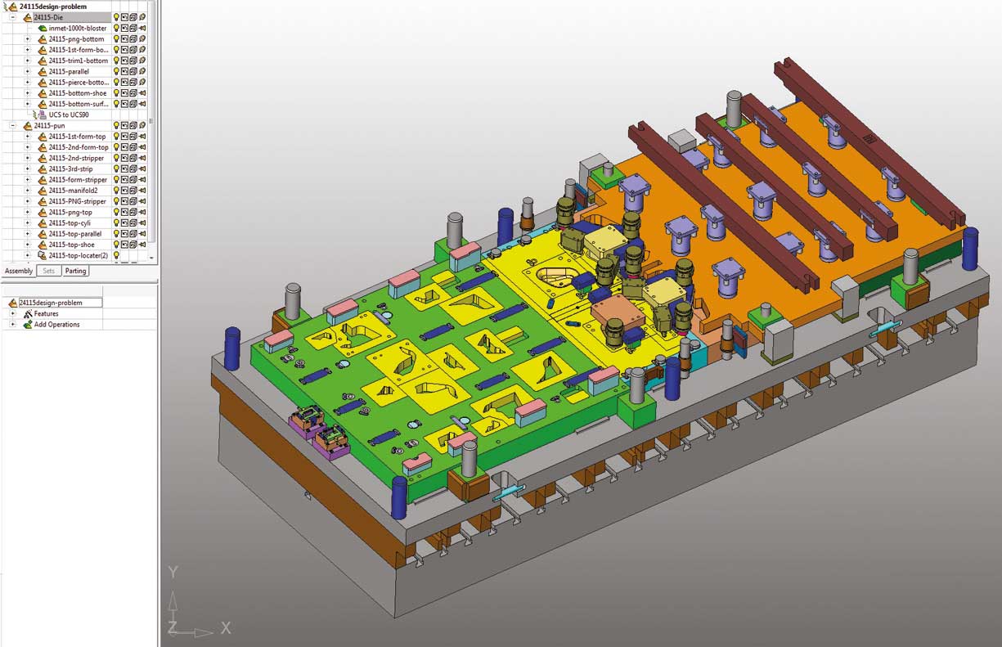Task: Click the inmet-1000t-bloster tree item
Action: pyautogui.click(x=78, y=28)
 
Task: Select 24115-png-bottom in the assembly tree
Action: pyautogui.click(x=76, y=39)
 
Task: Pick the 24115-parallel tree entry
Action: pyautogui.click(x=69, y=72)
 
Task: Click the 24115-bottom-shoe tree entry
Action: pyautogui.click(x=78, y=93)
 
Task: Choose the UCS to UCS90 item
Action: pyautogui.click(x=69, y=115)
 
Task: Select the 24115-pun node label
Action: pyautogui.click(x=49, y=126)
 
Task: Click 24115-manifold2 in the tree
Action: pyautogui.click(x=73, y=191)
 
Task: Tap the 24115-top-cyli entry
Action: pyautogui.click(x=70, y=222)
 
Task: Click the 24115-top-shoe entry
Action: pyautogui.click(x=72, y=245)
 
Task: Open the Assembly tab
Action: pyautogui.click(x=18, y=271)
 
